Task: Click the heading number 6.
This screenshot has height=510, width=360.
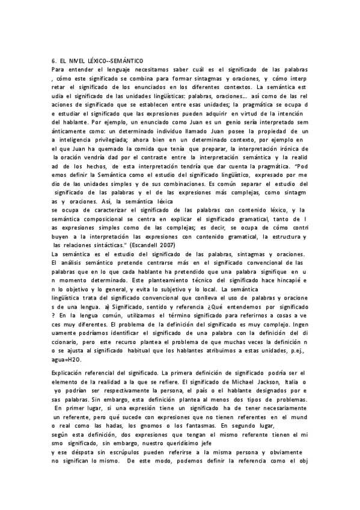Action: click(53, 61)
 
